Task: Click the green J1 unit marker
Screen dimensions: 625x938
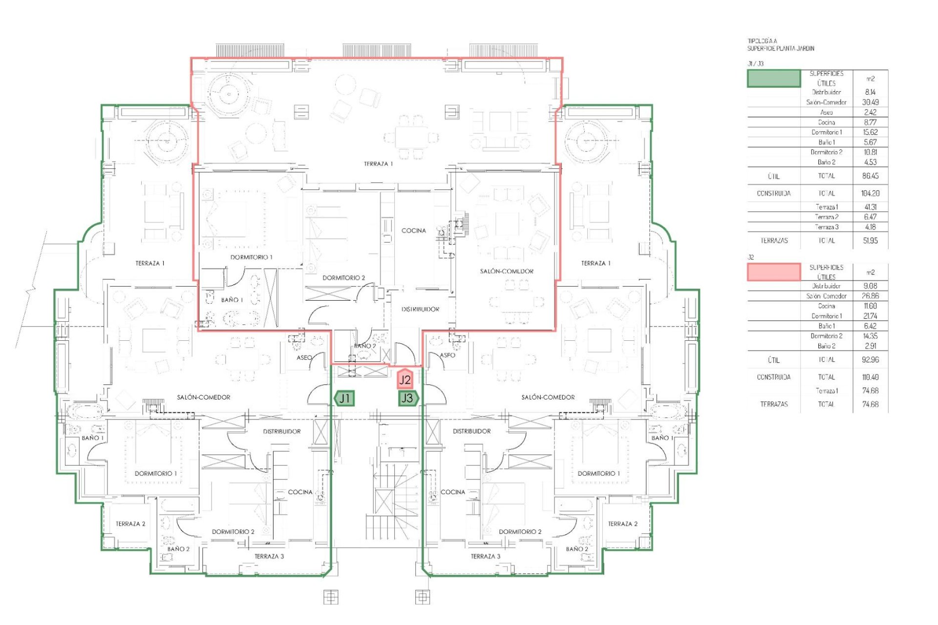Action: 344,398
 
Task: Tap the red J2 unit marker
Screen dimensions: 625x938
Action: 405,379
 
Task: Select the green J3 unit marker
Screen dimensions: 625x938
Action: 407,398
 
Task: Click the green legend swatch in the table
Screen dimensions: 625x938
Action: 774,79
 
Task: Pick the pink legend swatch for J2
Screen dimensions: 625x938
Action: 774,272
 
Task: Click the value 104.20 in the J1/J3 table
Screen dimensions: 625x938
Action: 870,193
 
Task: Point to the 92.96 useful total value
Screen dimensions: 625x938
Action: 870,360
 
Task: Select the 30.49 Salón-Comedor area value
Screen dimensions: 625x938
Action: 870,103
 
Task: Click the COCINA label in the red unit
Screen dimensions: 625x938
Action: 414,230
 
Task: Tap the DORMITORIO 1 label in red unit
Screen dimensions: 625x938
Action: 251,257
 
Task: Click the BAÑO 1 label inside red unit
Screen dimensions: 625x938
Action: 232,300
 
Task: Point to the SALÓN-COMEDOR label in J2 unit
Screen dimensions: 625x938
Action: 507,271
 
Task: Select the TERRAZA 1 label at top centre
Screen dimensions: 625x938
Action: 378,164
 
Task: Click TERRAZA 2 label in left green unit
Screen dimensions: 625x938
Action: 130,524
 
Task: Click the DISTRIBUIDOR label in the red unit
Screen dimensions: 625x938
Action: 420,310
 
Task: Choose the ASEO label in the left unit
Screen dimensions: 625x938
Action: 304,358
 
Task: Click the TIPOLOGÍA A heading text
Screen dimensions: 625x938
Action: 763,42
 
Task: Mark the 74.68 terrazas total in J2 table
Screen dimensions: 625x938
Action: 870,404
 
